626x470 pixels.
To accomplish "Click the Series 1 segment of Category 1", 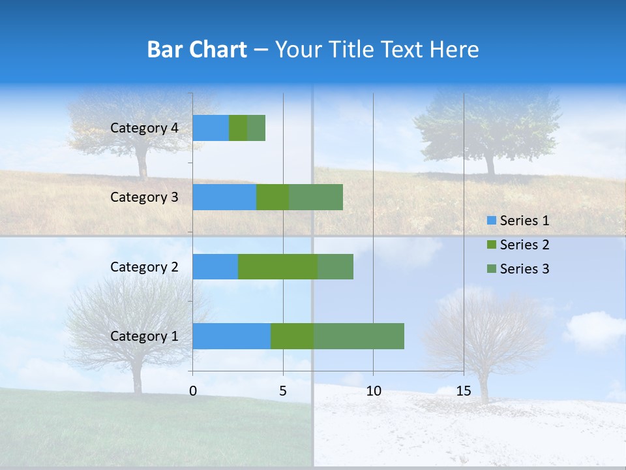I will (231, 336).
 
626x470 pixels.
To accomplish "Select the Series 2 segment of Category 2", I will (278, 266).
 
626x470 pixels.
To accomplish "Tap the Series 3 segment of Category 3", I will (316, 197).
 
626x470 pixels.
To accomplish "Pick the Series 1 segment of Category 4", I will (211, 128).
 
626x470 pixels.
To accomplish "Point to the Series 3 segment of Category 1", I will (359, 336).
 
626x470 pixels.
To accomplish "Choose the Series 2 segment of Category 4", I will (238, 128).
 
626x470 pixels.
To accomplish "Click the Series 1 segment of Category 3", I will (224, 197).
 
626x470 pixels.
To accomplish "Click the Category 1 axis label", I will (144, 336).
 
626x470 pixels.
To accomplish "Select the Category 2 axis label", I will (144, 266).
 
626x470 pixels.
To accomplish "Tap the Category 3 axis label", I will (144, 197).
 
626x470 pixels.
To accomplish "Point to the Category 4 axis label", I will (144, 128).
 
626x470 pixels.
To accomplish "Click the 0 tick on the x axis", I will (193, 391).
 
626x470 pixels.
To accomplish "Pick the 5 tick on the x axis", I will (283, 391).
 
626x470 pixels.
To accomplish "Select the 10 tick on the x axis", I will (373, 391).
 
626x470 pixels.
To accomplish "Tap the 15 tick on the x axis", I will (464, 391).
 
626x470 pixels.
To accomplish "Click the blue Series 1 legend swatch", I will (491, 221).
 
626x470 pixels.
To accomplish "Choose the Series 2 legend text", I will (524, 245).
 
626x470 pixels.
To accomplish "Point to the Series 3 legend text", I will (524, 269).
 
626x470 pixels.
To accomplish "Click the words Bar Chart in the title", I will (197, 50).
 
